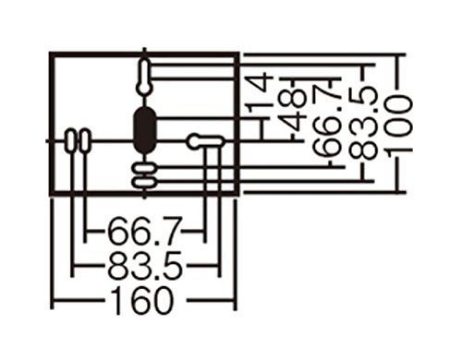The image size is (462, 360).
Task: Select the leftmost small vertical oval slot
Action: click(71, 141)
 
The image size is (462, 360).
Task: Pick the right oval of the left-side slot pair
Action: click(86, 141)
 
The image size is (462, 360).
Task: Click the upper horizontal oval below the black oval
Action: click(144, 169)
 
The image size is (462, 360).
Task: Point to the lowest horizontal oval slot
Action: click(144, 183)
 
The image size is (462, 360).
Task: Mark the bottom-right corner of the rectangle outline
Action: click(238, 196)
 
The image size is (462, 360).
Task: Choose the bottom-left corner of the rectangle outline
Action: click(52, 196)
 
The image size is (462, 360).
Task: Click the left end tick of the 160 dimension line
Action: click(54, 300)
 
